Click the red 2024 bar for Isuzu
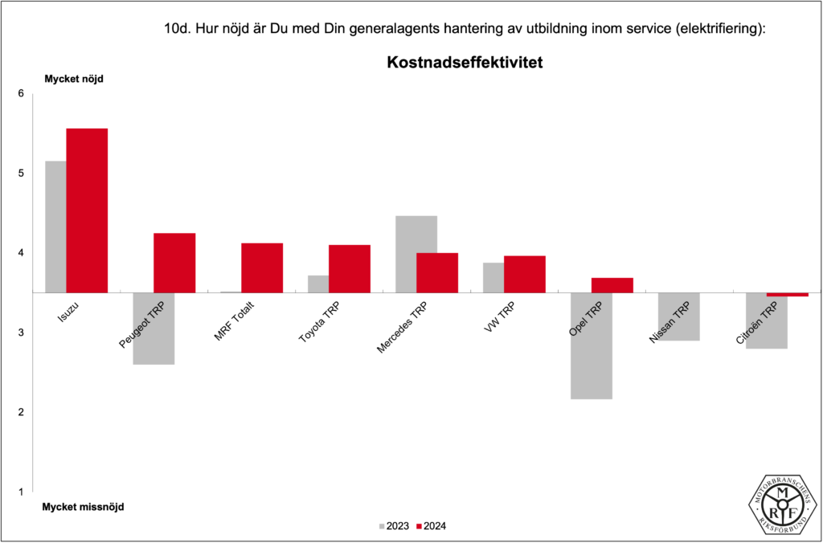(87, 210)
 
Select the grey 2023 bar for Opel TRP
(592, 345)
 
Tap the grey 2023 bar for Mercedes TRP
(416, 234)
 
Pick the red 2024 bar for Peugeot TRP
(174, 263)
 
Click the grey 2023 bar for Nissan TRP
(679, 316)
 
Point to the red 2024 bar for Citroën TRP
(787, 295)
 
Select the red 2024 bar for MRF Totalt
(262, 267)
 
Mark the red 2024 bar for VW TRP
(525, 274)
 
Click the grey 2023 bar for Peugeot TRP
(154, 329)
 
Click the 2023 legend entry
(394, 526)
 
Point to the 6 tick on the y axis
(21, 94)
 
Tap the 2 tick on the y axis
(21, 412)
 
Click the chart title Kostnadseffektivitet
(465, 62)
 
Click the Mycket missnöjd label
(84, 507)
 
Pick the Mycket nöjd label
(73, 79)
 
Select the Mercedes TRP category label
(402, 328)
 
